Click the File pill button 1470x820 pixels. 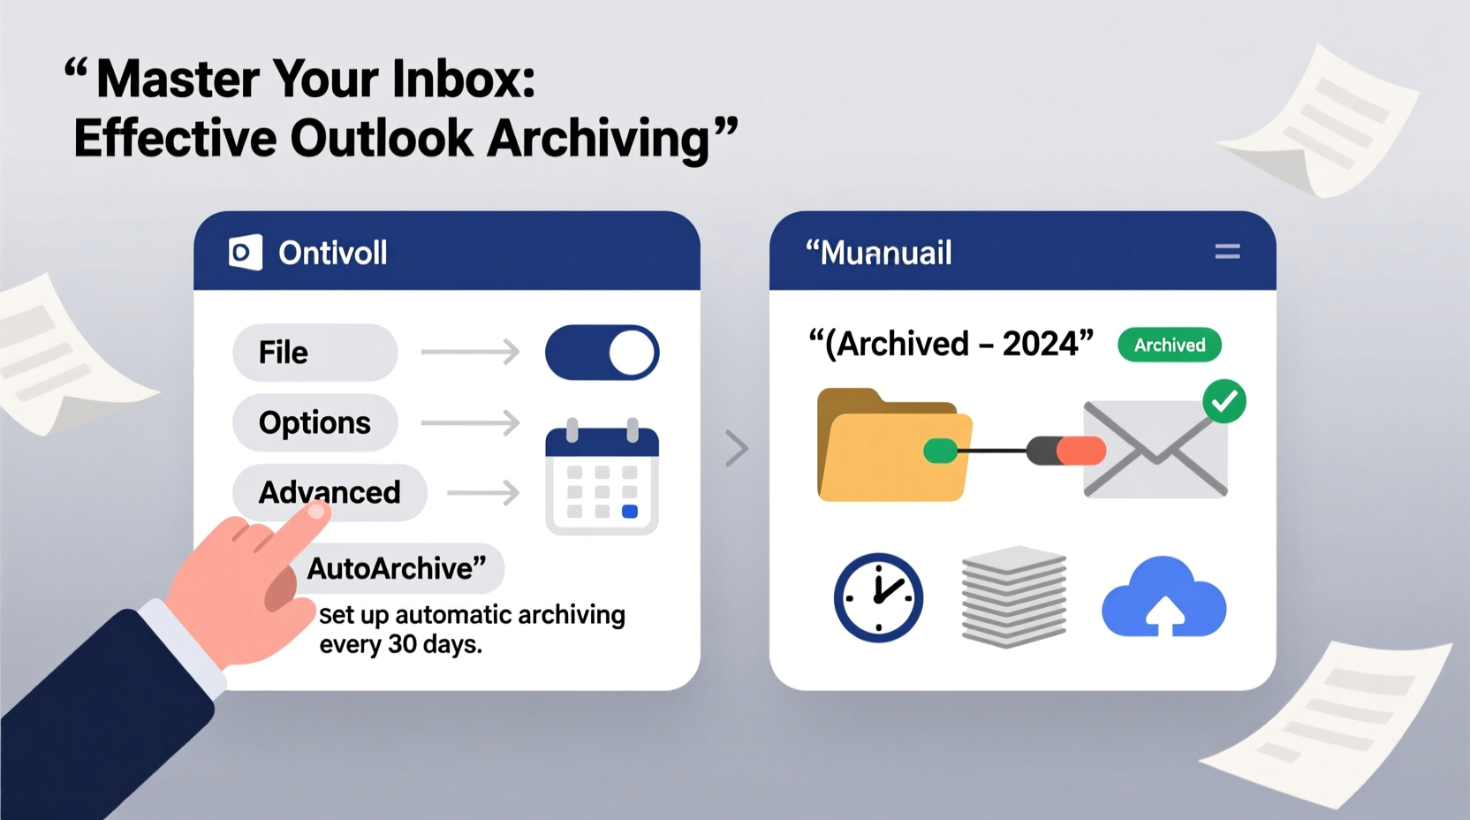tap(314, 353)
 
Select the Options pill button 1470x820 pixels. tap(314, 423)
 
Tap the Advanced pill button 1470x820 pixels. tap(330, 492)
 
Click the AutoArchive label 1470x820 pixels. tap(397, 568)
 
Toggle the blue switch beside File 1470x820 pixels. tap(602, 353)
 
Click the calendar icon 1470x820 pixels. tap(602, 477)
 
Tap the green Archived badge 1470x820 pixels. tap(1170, 345)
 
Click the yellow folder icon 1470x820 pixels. tap(892, 446)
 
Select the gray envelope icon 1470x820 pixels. tap(1156, 450)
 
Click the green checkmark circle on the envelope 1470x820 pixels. tap(1224, 402)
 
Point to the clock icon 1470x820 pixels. tap(878, 597)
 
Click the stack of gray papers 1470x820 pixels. tap(1014, 596)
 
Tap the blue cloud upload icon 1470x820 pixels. tap(1163, 598)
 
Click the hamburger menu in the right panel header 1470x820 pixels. tap(1227, 253)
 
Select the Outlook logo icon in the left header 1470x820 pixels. tap(246, 253)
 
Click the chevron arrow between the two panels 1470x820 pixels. tap(737, 448)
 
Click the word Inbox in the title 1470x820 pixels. tap(464, 79)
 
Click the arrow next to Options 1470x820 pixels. tap(471, 423)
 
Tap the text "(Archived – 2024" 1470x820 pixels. tap(951, 343)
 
